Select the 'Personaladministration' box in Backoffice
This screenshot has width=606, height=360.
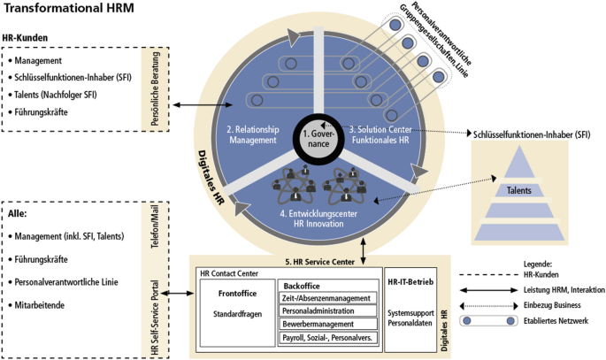tap(319, 310)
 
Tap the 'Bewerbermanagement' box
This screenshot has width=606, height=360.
tap(319, 324)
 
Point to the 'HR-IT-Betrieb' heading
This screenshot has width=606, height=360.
tap(410, 281)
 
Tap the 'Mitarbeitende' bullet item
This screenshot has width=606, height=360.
tap(44, 304)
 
